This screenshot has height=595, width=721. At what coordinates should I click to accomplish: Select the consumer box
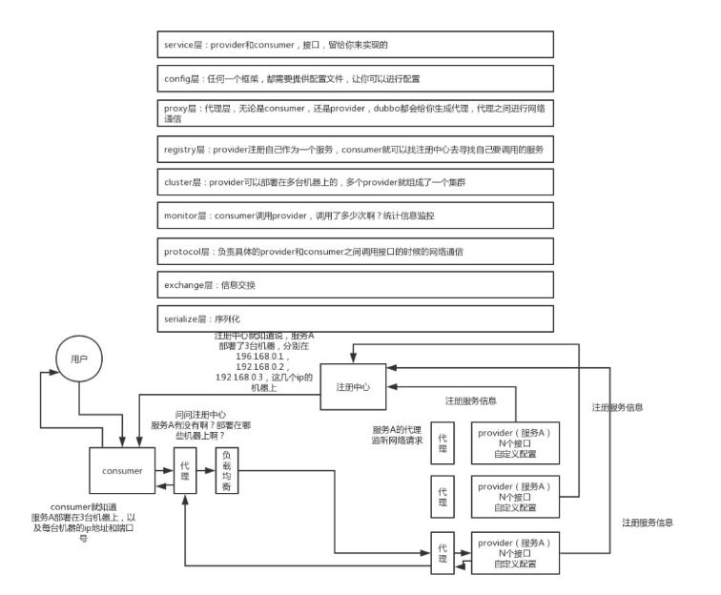pos(121,470)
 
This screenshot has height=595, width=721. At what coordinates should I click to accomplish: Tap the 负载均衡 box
pos(226,470)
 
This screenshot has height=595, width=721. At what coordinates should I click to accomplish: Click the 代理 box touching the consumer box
pos(185,470)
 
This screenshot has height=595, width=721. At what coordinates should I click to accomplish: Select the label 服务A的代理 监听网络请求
pos(400,435)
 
